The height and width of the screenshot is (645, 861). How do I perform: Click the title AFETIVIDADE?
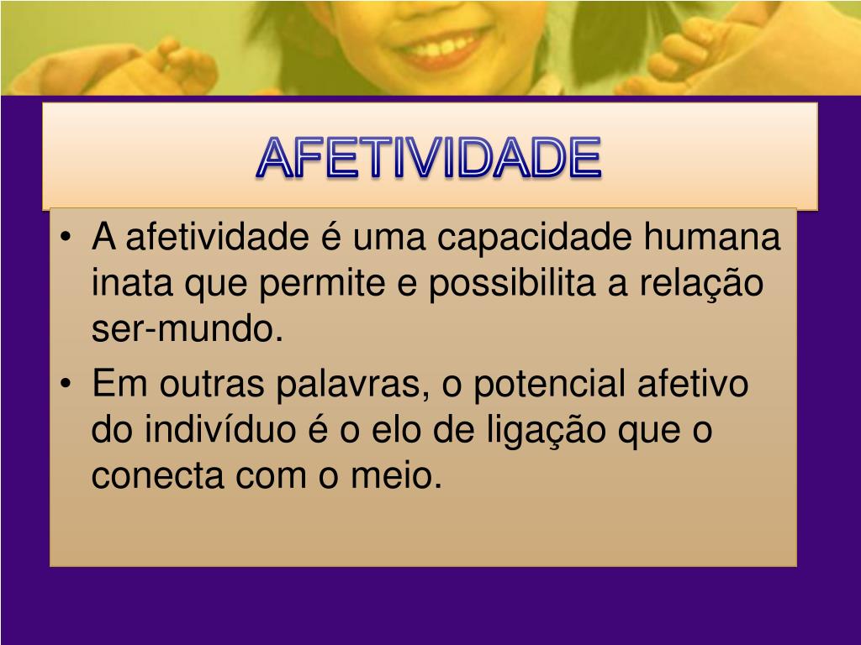[430, 158]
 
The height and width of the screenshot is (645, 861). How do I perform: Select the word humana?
[712, 238]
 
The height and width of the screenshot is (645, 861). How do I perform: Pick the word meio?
[408, 478]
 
